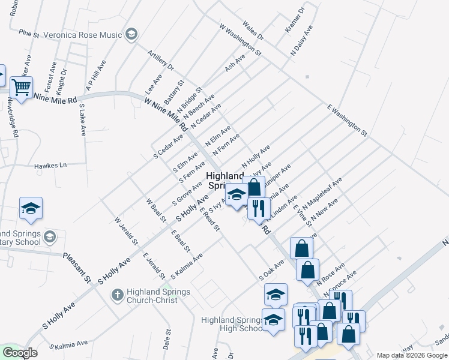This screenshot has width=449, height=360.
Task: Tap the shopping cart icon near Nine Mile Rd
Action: pyautogui.click(x=22, y=88)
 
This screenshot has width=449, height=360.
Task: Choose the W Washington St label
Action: pyautogui.click(x=240, y=40)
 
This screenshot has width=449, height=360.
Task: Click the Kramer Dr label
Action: pyautogui.click(x=295, y=20)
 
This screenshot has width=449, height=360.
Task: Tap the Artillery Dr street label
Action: pyautogui.click(x=160, y=59)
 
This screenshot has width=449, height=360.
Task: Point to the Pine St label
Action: pyautogui.click(x=29, y=34)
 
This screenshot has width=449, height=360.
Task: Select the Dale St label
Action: pyautogui.click(x=167, y=339)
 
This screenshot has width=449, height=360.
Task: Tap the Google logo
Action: pyautogui.click(x=20, y=353)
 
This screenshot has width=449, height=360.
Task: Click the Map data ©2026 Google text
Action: pyautogui.click(x=412, y=355)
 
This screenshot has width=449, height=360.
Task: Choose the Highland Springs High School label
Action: pyautogui.click(x=232, y=324)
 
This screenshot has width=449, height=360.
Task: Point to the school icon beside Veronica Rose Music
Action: pyautogui.click(x=131, y=34)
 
